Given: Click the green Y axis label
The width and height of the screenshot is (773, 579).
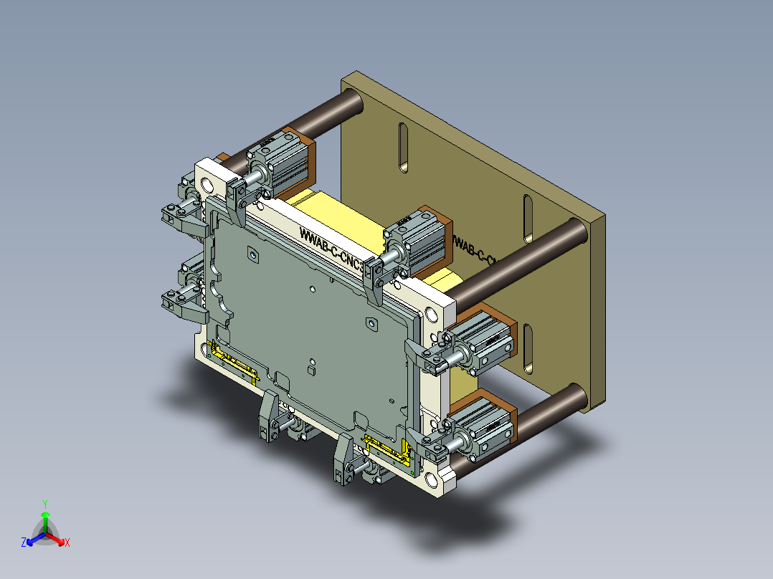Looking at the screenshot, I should (45, 504).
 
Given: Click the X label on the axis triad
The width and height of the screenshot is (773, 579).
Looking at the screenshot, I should (67, 543).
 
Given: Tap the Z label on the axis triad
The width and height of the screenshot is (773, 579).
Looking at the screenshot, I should (24, 542).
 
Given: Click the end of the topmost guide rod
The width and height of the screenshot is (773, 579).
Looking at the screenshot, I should (355, 102).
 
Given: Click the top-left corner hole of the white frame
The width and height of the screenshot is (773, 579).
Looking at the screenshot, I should (209, 186).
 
